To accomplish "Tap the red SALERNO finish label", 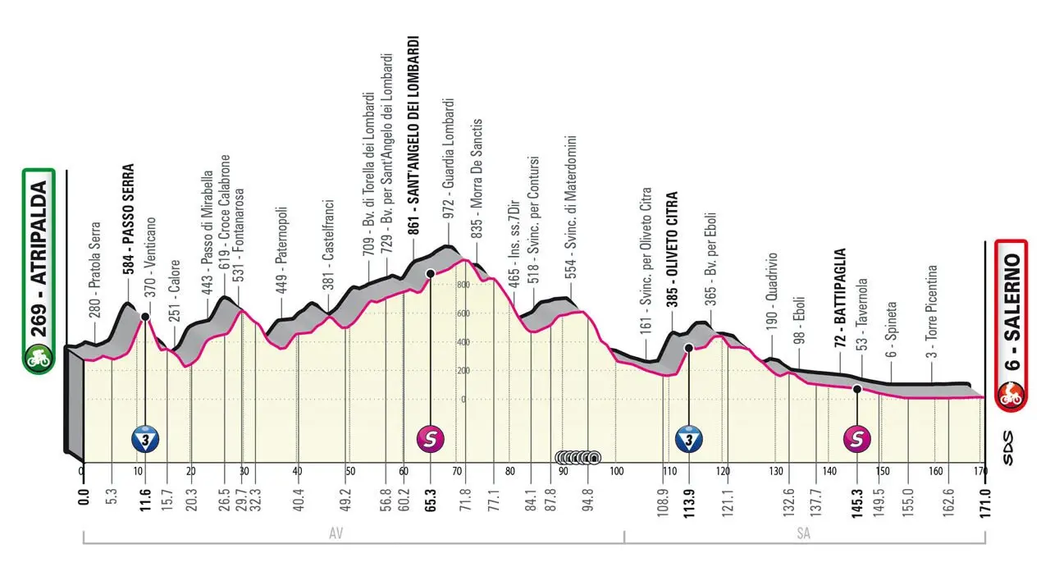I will pos(1010,325).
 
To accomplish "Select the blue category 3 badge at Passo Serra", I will pos(145,440).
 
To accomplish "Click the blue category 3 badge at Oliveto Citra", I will pos(688,440).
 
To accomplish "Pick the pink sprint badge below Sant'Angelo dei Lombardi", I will pos(431,440).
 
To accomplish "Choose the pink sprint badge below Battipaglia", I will pos(857,440).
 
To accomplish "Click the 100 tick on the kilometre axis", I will pos(617,471).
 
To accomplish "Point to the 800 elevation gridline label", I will pos(463,285).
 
